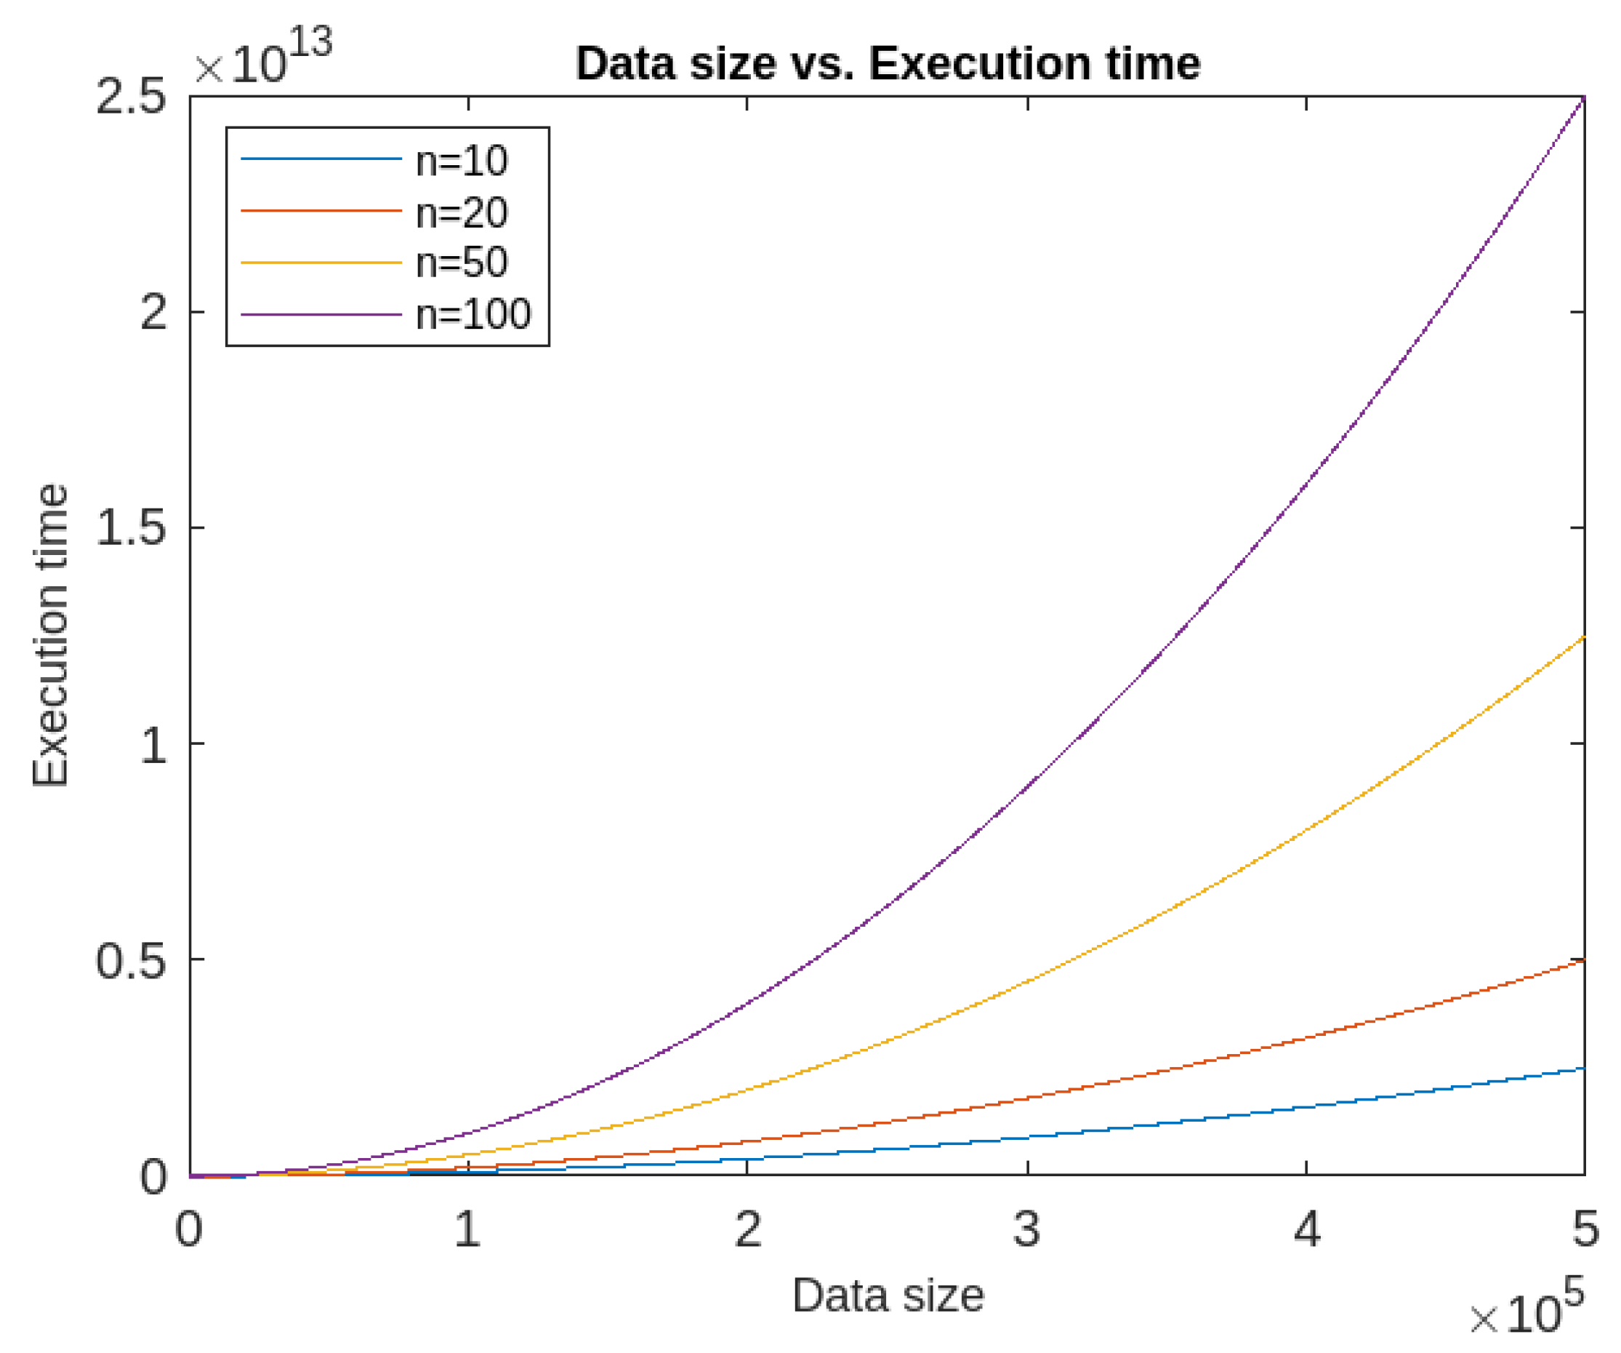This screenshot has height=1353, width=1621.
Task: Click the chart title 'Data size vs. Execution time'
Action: pyautogui.click(x=888, y=63)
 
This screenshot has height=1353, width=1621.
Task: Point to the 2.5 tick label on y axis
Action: pyautogui.click(x=129, y=98)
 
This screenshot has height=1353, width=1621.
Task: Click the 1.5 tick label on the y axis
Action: pyautogui.click(x=129, y=529)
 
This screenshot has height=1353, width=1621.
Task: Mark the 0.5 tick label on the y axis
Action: pyautogui.click(x=129, y=962)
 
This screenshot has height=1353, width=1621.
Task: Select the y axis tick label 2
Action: pyautogui.click(x=153, y=313)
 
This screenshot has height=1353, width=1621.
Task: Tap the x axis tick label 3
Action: pyautogui.click(x=1026, y=1229)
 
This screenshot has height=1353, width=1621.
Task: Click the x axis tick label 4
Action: pyautogui.click(x=1306, y=1229)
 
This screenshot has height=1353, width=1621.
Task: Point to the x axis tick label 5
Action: pyautogui.click(x=1585, y=1229)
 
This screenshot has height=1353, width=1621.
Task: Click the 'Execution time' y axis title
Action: pyautogui.click(x=50, y=636)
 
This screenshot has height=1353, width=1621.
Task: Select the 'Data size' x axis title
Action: pyautogui.click(x=888, y=1295)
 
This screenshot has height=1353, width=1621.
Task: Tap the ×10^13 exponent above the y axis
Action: pyautogui.click(x=262, y=58)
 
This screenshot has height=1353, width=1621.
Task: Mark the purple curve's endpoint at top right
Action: pyautogui.click(x=1584, y=97)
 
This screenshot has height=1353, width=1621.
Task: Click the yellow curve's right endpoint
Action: pyautogui.click(x=1584, y=636)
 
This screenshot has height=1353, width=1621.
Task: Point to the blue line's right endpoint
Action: pyautogui.click(x=1584, y=1068)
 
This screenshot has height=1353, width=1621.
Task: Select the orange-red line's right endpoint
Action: pyautogui.click(x=1584, y=960)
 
